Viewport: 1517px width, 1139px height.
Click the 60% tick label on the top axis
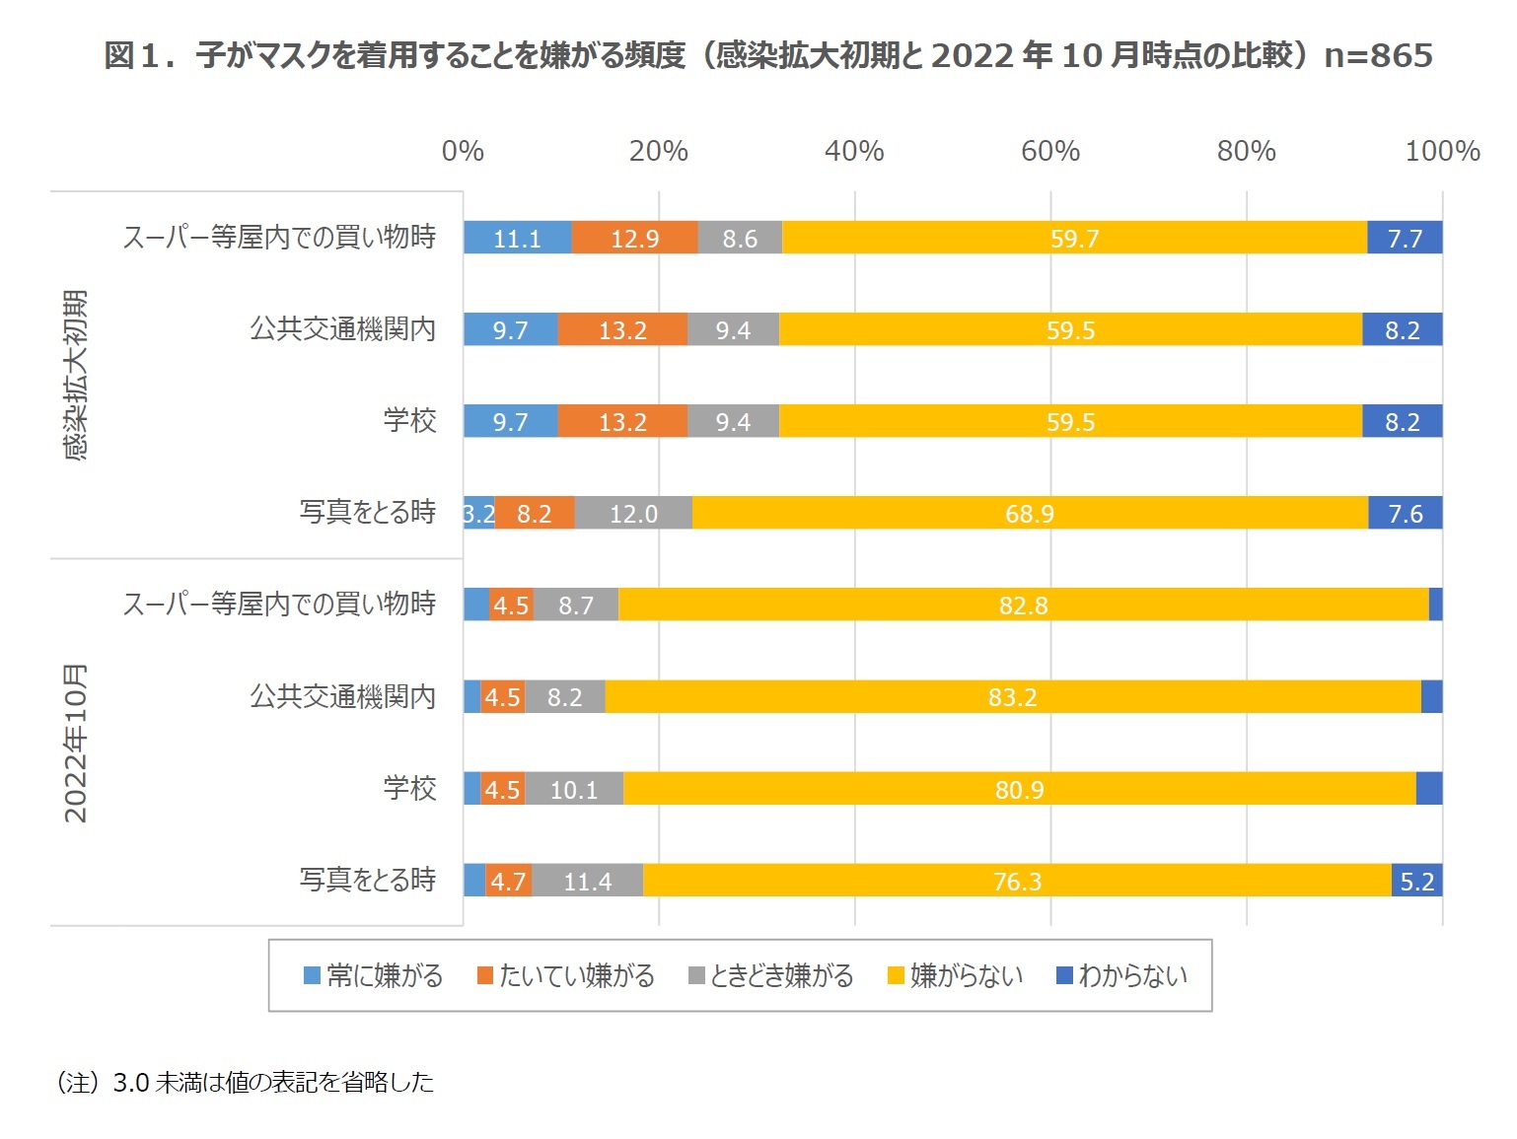pyautogui.click(x=1049, y=151)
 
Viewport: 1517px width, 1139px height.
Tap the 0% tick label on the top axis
pyautogui.click(x=463, y=151)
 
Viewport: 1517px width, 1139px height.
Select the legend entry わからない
pyautogui.click(x=1121, y=976)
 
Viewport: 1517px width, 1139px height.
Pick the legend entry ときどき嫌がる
pyautogui.click(x=770, y=976)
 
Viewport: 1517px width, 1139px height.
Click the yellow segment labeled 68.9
pyautogui.click(x=1030, y=514)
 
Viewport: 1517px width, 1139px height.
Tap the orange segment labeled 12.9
pyautogui.click(x=634, y=239)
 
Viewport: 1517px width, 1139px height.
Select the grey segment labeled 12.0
pyautogui.click(x=633, y=514)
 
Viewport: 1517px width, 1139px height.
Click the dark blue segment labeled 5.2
pyautogui.click(x=1416, y=881)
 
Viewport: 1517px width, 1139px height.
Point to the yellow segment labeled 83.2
pyautogui.click(x=1012, y=697)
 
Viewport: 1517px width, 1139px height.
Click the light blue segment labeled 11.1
pyautogui.click(x=517, y=239)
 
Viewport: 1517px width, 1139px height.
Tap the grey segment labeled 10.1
pyautogui.click(x=574, y=789)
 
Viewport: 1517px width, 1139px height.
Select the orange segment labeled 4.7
pyautogui.click(x=508, y=881)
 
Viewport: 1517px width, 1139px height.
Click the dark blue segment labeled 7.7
pyautogui.click(x=1405, y=239)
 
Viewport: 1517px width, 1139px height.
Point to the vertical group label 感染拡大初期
pyautogui.click(x=76, y=375)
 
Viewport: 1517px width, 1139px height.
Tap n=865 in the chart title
pyautogui.click(x=1378, y=55)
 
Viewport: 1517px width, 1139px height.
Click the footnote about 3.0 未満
pyautogui.click(x=245, y=1082)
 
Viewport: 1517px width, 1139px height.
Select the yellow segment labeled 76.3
pyautogui.click(x=1017, y=881)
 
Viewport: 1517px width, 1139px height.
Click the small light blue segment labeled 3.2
pyautogui.click(x=478, y=514)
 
